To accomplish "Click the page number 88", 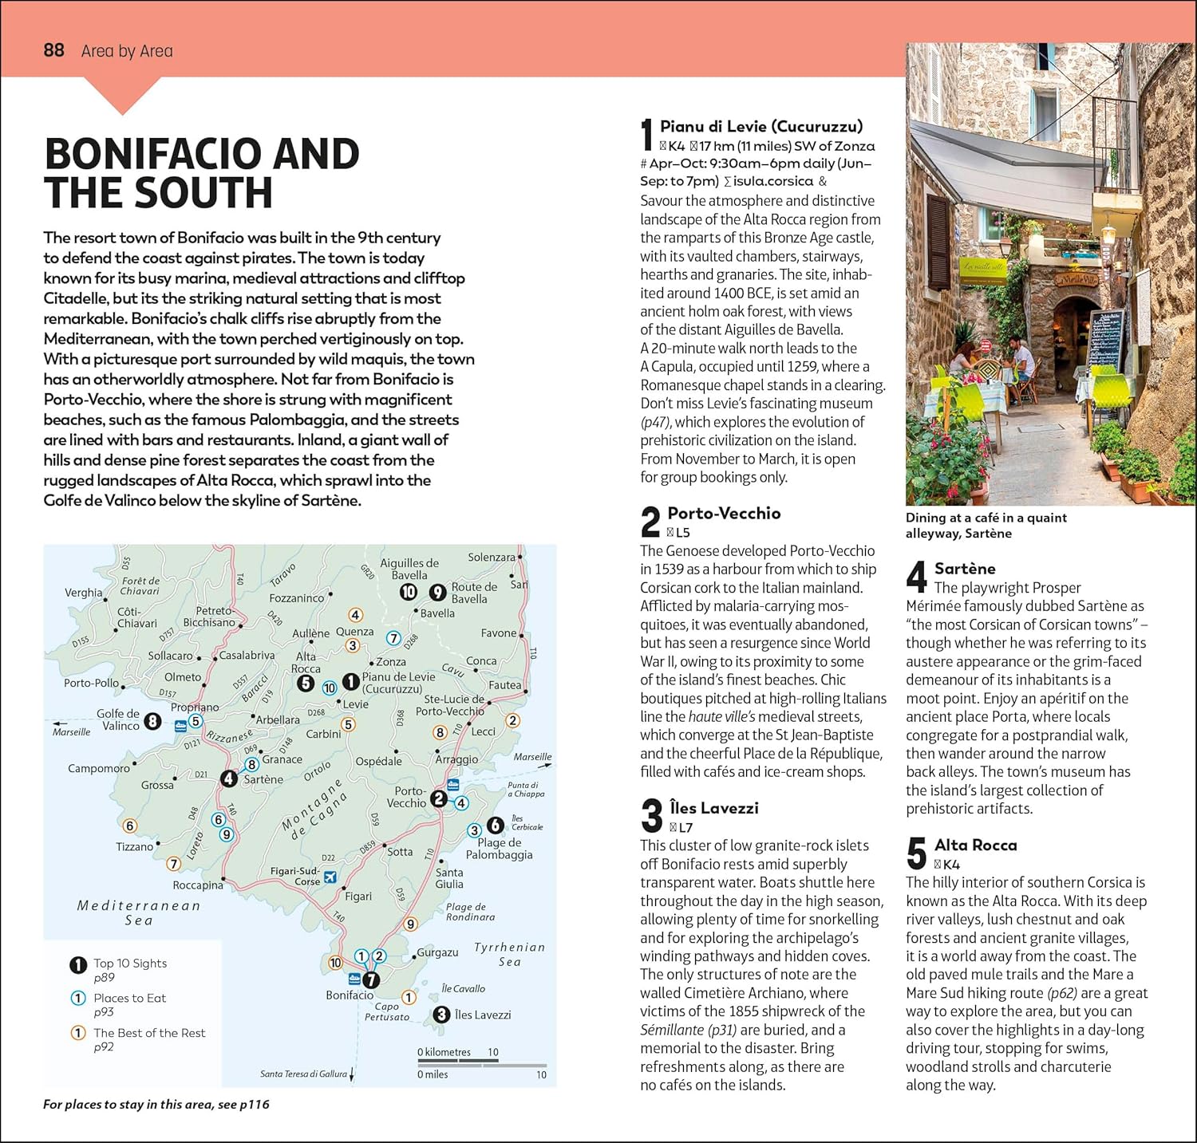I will (x=53, y=50).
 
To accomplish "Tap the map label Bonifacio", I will (x=350, y=995).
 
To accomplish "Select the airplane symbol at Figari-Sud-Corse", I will (x=330, y=877).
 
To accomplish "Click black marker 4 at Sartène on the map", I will (x=229, y=778).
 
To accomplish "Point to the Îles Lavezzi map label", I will (x=482, y=1015).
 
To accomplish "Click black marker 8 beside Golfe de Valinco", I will (x=152, y=722).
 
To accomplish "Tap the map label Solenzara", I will (x=491, y=557).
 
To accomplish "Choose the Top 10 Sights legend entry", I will (x=129, y=963).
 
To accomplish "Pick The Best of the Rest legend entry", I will (x=148, y=1033).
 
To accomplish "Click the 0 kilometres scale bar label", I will (x=444, y=1052).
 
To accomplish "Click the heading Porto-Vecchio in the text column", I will (x=724, y=513).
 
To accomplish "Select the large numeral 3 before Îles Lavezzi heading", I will (x=652, y=815).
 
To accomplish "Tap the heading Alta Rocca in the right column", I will (x=975, y=845).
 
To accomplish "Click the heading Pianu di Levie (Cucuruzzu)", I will (x=760, y=126).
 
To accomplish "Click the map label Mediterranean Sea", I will (x=139, y=912).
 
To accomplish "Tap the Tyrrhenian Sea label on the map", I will (x=509, y=954).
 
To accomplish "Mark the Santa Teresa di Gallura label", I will (x=303, y=1074).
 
